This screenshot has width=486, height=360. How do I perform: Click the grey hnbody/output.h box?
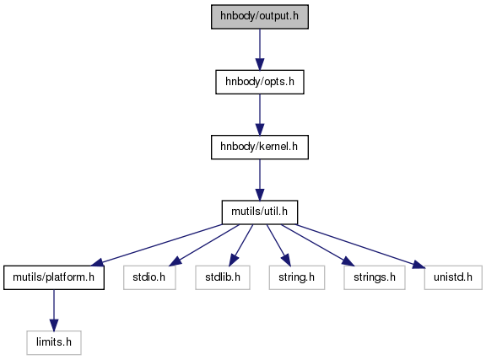[260, 17]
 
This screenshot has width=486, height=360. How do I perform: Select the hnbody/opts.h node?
[260, 82]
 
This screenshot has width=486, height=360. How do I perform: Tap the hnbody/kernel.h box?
[260, 148]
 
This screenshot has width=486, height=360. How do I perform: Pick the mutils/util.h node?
[260, 212]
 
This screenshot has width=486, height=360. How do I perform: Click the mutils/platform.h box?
[54, 277]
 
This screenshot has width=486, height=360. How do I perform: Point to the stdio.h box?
[149, 277]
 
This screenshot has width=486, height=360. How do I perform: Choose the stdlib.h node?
[223, 277]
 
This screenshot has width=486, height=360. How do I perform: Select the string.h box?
[297, 277]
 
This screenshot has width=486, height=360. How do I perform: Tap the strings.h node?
[375, 277]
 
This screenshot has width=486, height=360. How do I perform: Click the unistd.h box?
[453, 277]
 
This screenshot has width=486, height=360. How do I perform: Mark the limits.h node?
[54, 342]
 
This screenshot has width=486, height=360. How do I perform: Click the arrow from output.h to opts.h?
[260, 50]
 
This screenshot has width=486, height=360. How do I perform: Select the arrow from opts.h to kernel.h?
[260, 115]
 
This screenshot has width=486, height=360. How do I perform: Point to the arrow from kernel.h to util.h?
[260, 180]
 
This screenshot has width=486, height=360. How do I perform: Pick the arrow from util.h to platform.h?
[157, 244]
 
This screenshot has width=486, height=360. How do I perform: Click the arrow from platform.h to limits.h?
[54, 310]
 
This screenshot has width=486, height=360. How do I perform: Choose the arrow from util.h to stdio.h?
[204, 245]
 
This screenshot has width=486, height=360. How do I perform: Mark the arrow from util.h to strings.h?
[318, 245]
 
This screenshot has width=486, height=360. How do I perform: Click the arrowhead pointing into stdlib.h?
[233, 261]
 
